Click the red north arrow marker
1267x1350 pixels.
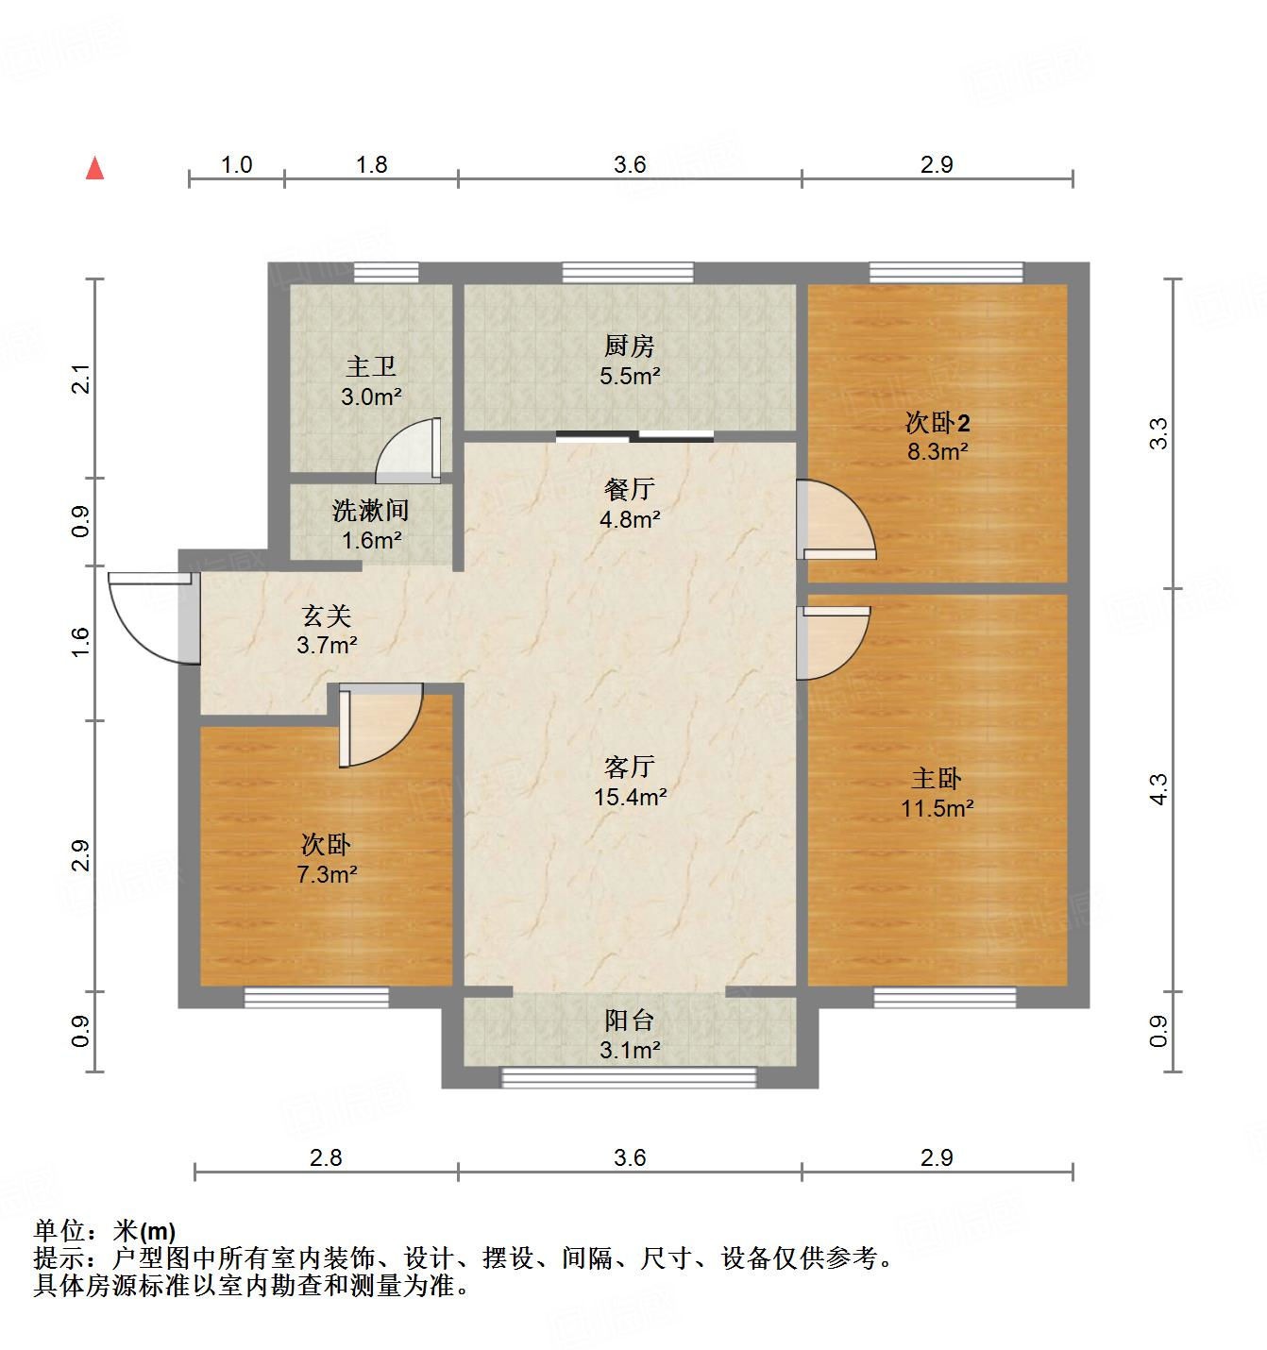coord(94,169)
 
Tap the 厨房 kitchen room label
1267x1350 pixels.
coord(630,346)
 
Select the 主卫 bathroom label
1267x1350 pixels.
coord(371,365)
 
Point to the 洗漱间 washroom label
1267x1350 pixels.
coord(371,511)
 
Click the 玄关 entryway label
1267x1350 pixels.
coord(327,616)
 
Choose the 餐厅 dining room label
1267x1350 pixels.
coord(630,489)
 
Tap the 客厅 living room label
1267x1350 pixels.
coord(630,766)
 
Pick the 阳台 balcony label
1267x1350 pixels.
coord(630,1021)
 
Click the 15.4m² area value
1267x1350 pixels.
coord(630,797)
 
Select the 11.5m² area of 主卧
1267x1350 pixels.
coord(937,808)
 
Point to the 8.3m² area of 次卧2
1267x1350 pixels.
coord(937,451)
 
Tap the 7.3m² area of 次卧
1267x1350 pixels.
coord(327,875)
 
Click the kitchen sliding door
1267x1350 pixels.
coord(634,435)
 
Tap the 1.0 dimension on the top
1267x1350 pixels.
coord(236,164)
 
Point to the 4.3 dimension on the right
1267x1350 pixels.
coord(1158,789)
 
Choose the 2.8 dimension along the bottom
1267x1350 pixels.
coord(326,1157)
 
